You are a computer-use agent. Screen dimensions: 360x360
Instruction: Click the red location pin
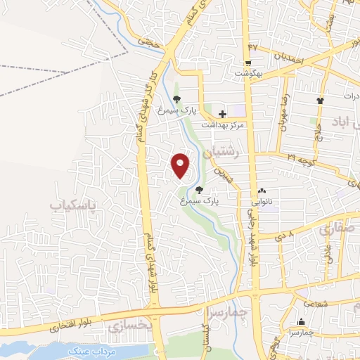click(181, 165)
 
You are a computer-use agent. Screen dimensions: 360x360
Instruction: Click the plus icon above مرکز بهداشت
click(222, 113)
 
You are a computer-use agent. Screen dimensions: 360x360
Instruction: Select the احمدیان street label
click(288, 59)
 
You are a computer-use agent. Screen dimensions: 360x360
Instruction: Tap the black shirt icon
click(321, 101)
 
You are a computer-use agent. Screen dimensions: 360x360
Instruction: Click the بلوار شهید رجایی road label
click(251, 239)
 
